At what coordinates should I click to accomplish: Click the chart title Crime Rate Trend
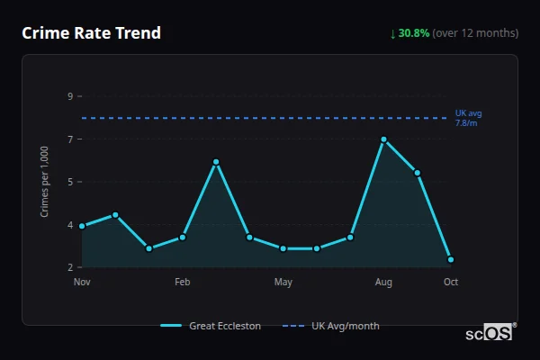[x=92, y=33]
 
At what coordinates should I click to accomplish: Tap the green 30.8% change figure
[x=414, y=33]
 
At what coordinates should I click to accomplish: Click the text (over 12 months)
[x=475, y=33]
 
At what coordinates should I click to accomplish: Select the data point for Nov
[x=82, y=226]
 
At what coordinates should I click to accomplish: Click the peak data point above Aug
[x=383, y=139]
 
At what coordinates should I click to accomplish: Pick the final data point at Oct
[x=451, y=259]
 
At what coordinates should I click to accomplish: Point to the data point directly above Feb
[x=183, y=237]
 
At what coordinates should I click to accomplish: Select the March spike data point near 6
[x=216, y=162]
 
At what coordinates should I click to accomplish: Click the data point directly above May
[x=283, y=248]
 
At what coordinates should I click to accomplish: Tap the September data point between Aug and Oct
[x=418, y=173]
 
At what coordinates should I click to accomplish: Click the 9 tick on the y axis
[x=69, y=96]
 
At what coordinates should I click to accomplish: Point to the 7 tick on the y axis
[x=69, y=139]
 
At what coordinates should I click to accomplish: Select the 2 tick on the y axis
[x=69, y=267]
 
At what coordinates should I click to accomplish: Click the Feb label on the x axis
[x=183, y=283]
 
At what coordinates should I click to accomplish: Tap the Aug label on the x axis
[x=383, y=283]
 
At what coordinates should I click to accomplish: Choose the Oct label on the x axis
[x=451, y=283]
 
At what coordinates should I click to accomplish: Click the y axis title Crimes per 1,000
[x=45, y=181]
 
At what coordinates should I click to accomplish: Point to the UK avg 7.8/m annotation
[x=468, y=118]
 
